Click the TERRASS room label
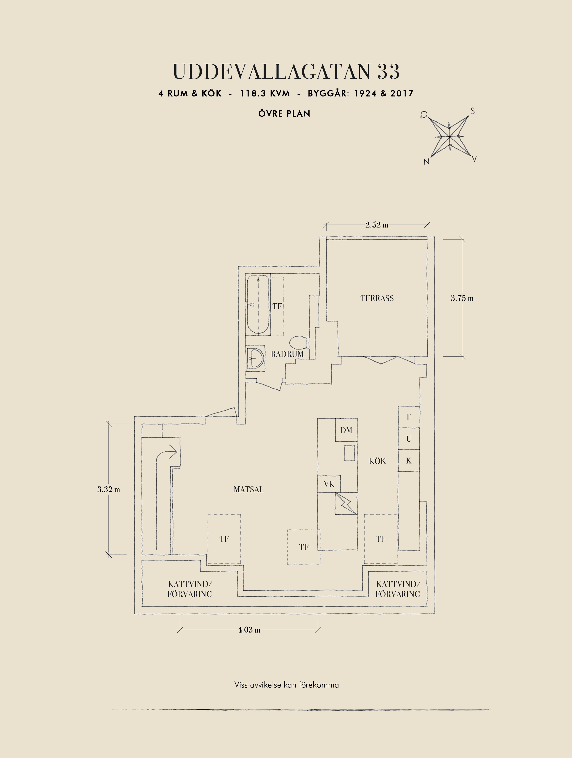[x=377, y=298]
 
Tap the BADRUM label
[x=287, y=354]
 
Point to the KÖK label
[x=377, y=461]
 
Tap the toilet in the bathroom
[x=299, y=342]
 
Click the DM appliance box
[x=346, y=430]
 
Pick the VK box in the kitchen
[x=329, y=484]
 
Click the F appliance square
[x=409, y=417]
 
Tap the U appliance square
[x=409, y=439]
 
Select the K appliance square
[x=409, y=461]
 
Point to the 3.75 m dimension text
[x=462, y=298]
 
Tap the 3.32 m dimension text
[x=109, y=489]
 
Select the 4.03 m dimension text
[x=249, y=630]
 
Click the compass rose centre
[x=449, y=137]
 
